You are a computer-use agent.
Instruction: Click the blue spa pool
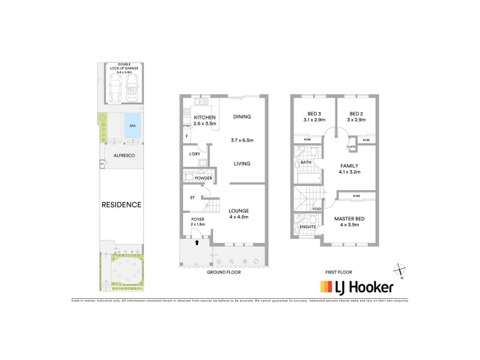(x=133, y=126)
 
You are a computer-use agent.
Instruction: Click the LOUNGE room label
(x=238, y=211)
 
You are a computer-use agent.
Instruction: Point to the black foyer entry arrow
(x=197, y=242)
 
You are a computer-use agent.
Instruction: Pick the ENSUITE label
(x=308, y=227)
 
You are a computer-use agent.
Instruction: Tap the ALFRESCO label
(x=122, y=156)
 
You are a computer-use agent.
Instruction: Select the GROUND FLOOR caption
(x=224, y=272)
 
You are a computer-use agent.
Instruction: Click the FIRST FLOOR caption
(x=338, y=272)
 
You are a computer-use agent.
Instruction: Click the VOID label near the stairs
(x=317, y=209)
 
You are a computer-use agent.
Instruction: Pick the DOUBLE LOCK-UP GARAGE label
(x=125, y=67)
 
